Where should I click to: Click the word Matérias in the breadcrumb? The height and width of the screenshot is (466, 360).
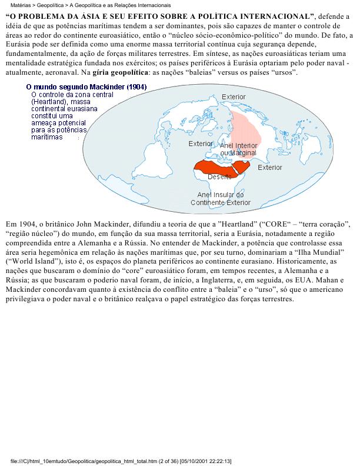pyautogui.click(x=21, y=4)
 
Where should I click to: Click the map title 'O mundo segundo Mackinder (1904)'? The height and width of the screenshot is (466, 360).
pyautogui.click(x=86, y=86)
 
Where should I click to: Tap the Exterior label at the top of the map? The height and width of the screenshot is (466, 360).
pyautogui.click(x=234, y=96)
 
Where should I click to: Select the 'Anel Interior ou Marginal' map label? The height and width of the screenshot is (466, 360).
pyautogui.click(x=238, y=149)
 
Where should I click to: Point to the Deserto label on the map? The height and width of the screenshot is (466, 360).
pyautogui.click(x=219, y=177)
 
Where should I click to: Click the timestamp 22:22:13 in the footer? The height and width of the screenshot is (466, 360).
pyautogui.click(x=217, y=461)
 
